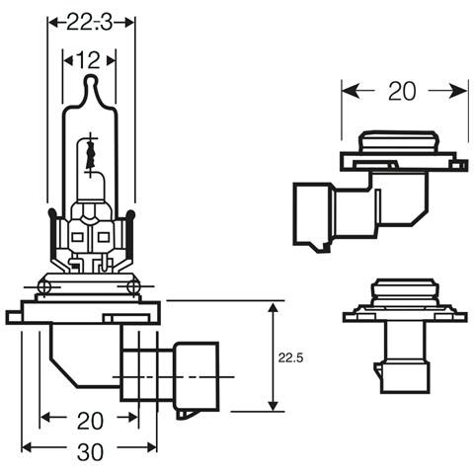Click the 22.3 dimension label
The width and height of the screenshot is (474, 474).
[x=89, y=23]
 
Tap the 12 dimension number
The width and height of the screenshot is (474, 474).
[x=88, y=60]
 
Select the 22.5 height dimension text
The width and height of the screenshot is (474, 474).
[x=290, y=357]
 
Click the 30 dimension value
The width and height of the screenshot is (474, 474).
[x=90, y=452]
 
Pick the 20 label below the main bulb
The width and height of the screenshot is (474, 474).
[x=90, y=421]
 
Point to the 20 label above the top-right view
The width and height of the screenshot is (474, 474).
[x=402, y=91]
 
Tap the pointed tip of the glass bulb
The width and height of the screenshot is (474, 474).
[x=91, y=76]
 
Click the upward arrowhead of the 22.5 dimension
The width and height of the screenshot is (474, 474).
[x=273, y=309]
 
